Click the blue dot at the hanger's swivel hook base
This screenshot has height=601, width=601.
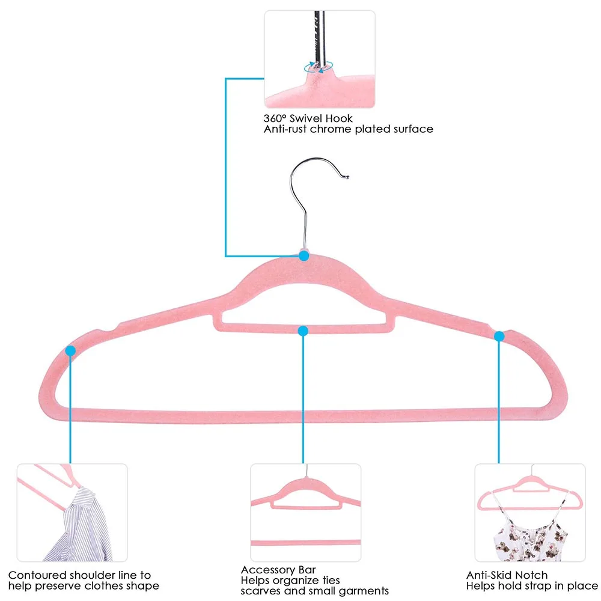pyautogui.click(x=304, y=255)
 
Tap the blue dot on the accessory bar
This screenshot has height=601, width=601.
pyautogui.click(x=303, y=330)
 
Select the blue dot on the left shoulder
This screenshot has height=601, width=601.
pyautogui.click(x=71, y=350)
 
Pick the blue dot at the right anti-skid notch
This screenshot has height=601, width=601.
pyautogui.click(x=499, y=336)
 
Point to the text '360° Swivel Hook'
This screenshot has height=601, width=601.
pyautogui.click(x=308, y=118)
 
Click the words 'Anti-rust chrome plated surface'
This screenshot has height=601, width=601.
pyautogui.click(x=348, y=129)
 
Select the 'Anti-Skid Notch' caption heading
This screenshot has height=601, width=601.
pyautogui.click(x=507, y=575)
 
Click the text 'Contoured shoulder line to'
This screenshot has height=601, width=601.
pyautogui.click(x=79, y=575)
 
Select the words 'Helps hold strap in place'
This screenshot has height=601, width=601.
pyautogui.click(x=532, y=585)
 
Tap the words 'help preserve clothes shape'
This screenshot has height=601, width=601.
pyautogui.click(x=84, y=585)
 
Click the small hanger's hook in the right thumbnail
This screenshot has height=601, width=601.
pyautogui.click(x=529, y=475)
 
